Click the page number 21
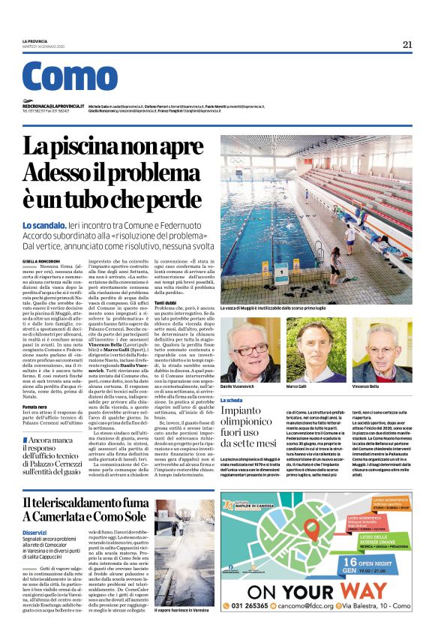[x=407, y=44]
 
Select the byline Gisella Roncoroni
[x=40, y=260]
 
